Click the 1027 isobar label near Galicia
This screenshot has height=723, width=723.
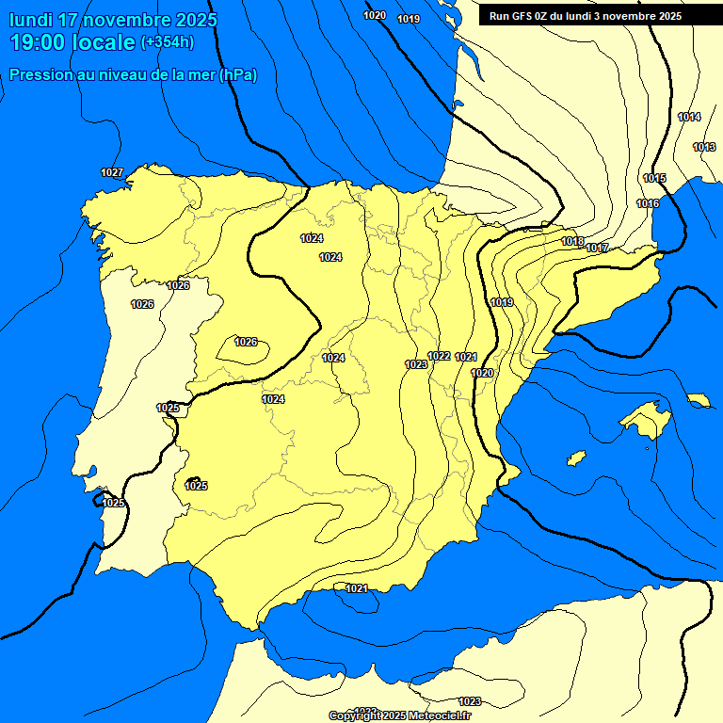[112, 172]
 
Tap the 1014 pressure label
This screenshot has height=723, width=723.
[689, 117]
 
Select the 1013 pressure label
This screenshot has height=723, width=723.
[704, 147]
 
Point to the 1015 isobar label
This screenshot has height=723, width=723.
[654, 178]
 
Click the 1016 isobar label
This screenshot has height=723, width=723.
[648, 203]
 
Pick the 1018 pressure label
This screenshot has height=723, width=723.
[572, 241]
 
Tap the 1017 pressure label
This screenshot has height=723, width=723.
[598, 248]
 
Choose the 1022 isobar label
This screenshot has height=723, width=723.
[439, 356]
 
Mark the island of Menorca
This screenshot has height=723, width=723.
[699, 400]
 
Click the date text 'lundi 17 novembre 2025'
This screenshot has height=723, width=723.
[113, 20]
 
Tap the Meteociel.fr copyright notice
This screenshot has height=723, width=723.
[399, 715]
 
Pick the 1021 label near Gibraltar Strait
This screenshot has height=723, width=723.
[357, 588]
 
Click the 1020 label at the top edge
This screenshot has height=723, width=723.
[375, 15]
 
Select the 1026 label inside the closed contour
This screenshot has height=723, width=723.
[246, 342]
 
